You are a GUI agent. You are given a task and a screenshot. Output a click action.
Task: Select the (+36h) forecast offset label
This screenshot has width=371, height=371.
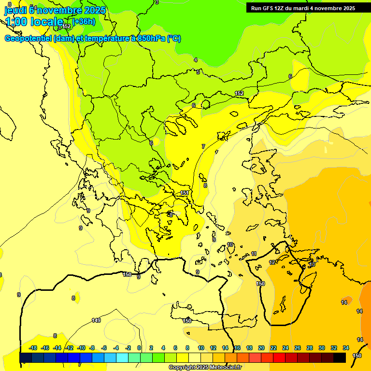pyautogui.click(x=84, y=22)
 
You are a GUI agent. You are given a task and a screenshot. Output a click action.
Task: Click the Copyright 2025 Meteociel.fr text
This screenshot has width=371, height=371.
pyautogui.click(x=205, y=368)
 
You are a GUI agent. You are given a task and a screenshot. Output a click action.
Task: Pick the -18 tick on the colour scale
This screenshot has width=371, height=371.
pyautogui.click(x=33, y=348)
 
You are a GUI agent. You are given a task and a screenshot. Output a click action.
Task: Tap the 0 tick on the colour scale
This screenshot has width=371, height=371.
pyautogui.click(x=139, y=348)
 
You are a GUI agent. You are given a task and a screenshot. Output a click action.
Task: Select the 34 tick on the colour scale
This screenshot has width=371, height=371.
pyautogui.click(x=346, y=348)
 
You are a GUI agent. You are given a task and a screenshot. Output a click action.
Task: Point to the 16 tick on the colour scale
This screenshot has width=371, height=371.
pyautogui.click(x=237, y=348)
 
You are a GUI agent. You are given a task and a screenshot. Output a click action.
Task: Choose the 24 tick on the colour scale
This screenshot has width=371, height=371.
pyautogui.click(x=285, y=348)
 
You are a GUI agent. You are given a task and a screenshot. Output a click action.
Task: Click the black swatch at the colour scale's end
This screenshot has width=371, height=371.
pyautogui.click(x=340, y=357)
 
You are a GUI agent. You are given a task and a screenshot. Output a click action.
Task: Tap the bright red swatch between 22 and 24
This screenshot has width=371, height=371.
pyautogui.click(x=279, y=357)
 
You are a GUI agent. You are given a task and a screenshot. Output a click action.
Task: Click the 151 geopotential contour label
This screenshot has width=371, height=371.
pyautogui.click(x=185, y=193)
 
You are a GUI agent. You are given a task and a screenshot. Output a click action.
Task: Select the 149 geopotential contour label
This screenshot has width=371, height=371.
pyautogui.click(x=96, y=320)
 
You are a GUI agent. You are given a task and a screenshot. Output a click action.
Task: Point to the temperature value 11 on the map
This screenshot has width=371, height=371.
pyautogui.click(x=254, y=254)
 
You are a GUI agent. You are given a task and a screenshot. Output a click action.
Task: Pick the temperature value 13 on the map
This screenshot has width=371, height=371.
pyautogui.click(x=312, y=264)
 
